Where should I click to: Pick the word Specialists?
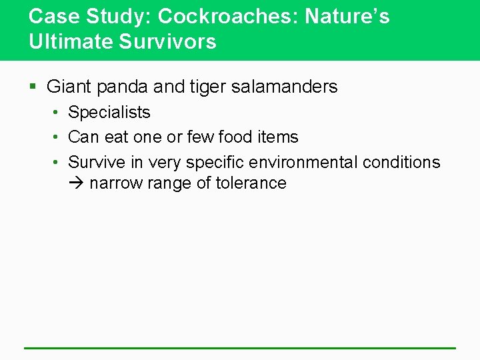pyautogui.click(x=109, y=113)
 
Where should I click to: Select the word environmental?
pyautogui.click(x=305, y=162)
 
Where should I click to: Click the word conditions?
pyautogui.click(x=403, y=162)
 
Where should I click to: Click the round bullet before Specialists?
pyautogui.click(x=57, y=113)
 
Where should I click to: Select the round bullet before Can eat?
pyautogui.click(x=57, y=137)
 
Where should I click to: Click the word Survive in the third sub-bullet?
pyautogui.click(x=97, y=162)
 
